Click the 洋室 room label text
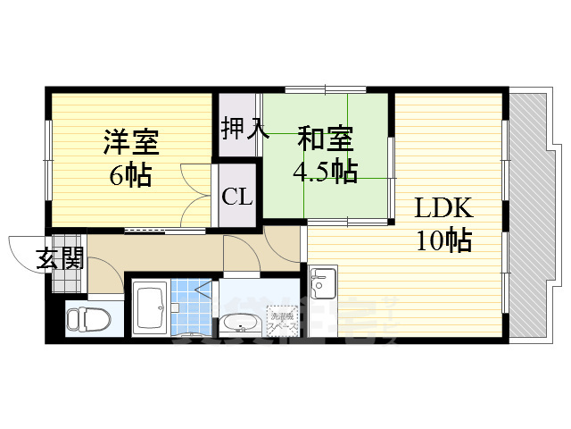[131, 142]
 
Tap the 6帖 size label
[130, 174]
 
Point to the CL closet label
[237, 196]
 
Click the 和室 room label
[325, 139]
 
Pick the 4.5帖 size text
[326, 171]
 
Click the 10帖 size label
[443, 240]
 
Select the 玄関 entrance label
[61, 258]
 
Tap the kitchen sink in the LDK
[322, 284]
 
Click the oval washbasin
[239, 324]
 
